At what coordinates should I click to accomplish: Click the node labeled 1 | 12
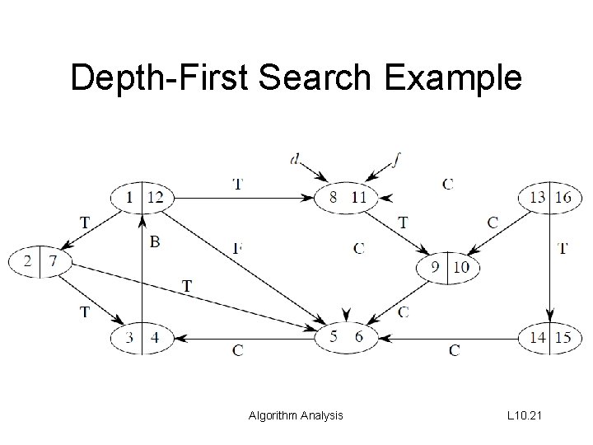click(x=142, y=197)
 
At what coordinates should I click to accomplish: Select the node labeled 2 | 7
click(x=40, y=262)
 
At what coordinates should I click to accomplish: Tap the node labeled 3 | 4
click(x=142, y=336)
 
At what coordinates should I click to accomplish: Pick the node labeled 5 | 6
click(x=347, y=336)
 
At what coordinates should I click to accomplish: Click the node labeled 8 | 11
click(x=347, y=197)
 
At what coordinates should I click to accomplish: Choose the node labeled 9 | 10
click(x=449, y=267)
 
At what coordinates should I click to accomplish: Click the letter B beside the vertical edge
click(x=155, y=242)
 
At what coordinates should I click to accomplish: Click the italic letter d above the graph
click(x=295, y=159)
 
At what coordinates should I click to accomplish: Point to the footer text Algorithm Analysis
click(x=296, y=416)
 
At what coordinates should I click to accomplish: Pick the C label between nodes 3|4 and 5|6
click(x=237, y=351)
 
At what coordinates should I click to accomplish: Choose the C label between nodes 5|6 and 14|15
click(x=455, y=351)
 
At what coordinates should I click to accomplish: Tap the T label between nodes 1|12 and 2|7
click(x=85, y=222)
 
